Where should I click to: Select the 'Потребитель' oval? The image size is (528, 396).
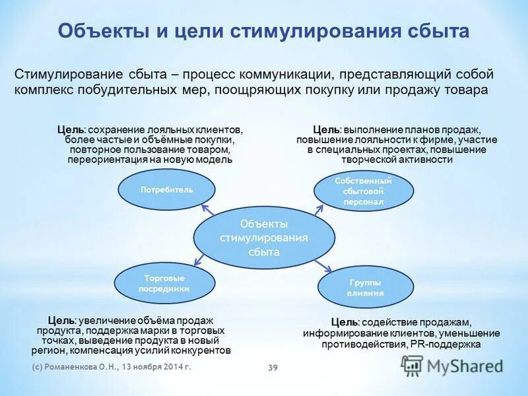[166, 189]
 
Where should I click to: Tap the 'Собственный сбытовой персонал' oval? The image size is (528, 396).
[363, 191]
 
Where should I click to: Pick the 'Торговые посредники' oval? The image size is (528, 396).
[164, 283]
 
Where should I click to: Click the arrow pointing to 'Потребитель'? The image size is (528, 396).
[207, 210]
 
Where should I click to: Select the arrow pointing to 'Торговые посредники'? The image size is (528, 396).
[207, 262]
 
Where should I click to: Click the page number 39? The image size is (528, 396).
[273, 368]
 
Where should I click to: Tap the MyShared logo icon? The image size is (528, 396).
[412, 365]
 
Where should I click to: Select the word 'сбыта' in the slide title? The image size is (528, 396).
[437, 31]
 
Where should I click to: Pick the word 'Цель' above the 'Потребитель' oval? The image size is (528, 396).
[70, 130]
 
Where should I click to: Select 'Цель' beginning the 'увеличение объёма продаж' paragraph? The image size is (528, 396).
[61, 320]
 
